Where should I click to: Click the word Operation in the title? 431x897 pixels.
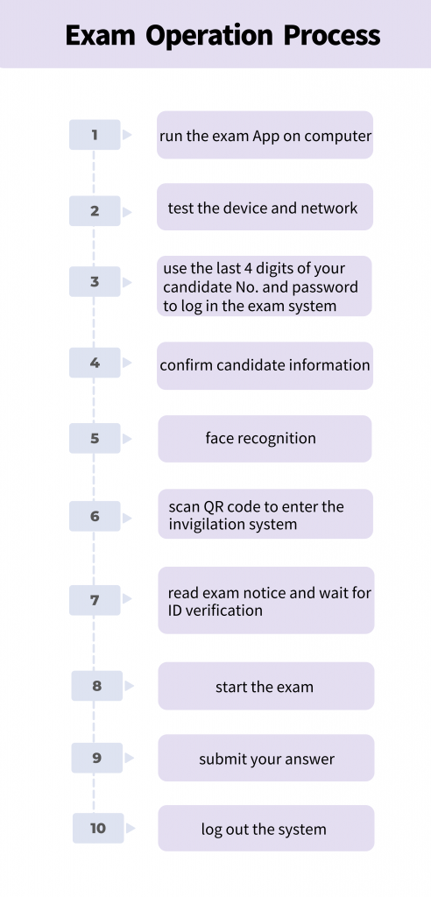[209, 35]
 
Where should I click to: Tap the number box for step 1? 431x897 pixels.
[95, 135]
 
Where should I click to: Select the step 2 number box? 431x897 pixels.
[95, 210]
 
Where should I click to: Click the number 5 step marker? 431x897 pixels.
[95, 438]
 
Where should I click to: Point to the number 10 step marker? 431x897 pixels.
[98, 828]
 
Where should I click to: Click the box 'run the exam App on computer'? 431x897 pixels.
[265, 135]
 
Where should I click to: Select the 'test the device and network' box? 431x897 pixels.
[265, 207]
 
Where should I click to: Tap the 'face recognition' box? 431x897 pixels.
[265, 439]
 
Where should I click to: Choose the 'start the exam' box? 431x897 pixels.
[266, 686]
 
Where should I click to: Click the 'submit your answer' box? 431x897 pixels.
[266, 758]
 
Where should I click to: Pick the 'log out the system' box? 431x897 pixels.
[266, 829]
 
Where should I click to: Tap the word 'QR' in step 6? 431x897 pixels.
[210, 507]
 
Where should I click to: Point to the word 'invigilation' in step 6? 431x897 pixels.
[207, 525]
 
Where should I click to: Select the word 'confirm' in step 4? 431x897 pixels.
[180, 365]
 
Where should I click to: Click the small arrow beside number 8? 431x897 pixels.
[130, 685]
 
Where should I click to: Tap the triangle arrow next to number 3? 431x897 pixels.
[127, 282]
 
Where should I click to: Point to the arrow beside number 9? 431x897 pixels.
[130, 758]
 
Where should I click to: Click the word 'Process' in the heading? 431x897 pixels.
[332, 35]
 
